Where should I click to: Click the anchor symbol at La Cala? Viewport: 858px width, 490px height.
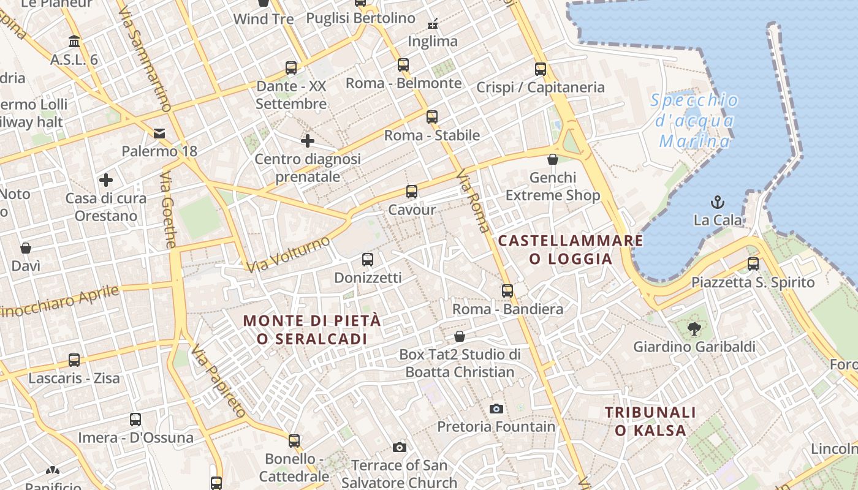click(717, 202)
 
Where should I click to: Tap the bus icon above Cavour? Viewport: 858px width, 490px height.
click(412, 192)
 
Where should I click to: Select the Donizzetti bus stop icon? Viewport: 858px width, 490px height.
click(368, 260)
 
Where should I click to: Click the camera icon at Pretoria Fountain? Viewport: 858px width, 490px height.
click(496, 409)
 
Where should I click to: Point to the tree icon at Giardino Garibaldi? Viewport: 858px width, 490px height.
click(694, 329)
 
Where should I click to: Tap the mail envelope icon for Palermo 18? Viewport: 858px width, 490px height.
click(159, 133)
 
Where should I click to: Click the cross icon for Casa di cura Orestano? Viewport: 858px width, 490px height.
click(106, 180)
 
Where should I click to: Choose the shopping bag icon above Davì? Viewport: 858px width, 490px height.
click(26, 248)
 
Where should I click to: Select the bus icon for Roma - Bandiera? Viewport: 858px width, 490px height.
click(507, 291)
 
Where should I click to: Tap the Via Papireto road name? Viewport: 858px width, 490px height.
click(218, 381)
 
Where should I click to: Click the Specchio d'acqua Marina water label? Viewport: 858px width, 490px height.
click(694, 121)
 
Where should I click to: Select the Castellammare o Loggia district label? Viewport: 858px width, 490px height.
click(571, 249)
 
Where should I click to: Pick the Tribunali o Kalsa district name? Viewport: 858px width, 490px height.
click(650, 421)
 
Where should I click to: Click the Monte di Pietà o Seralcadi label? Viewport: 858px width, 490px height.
click(312, 330)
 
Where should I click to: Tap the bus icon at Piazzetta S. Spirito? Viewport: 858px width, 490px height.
click(753, 264)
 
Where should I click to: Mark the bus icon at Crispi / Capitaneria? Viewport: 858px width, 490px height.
click(540, 69)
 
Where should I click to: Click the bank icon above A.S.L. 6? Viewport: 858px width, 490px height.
click(75, 42)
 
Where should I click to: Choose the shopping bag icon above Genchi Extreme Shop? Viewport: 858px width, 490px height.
click(553, 159)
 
